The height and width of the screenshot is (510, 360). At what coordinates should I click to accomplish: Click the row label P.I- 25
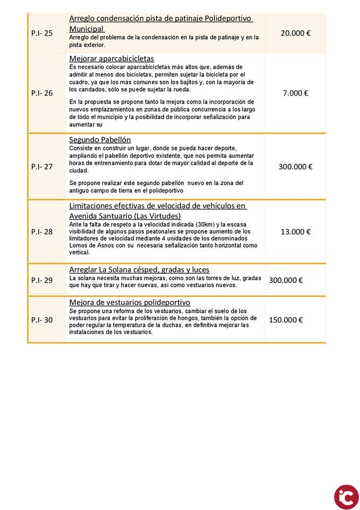click(x=42, y=33)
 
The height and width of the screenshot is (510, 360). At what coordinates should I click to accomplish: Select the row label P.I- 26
click(x=42, y=93)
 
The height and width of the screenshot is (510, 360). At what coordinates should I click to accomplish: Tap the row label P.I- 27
click(x=42, y=166)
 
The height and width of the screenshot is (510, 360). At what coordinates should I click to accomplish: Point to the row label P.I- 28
click(x=42, y=232)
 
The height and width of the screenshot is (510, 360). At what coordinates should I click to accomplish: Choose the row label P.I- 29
click(x=42, y=280)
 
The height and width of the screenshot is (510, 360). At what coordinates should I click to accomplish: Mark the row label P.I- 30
click(x=42, y=320)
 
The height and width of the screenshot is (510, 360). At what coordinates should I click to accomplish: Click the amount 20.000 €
click(x=295, y=33)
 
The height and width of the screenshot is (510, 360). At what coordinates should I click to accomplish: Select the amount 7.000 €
click(x=295, y=93)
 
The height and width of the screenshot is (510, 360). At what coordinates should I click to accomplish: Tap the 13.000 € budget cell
click(x=295, y=232)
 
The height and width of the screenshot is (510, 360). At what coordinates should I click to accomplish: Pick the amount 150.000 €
click(x=286, y=320)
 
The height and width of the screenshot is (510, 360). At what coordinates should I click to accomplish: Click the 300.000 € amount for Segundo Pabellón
click(x=295, y=166)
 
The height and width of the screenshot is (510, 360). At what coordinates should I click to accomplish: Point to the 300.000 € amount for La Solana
click(x=286, y=280)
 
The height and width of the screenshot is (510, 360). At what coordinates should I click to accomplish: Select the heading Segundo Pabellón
click(x=100, y=140)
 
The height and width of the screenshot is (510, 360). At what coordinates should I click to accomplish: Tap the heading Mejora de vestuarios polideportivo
click(x=130, y=302)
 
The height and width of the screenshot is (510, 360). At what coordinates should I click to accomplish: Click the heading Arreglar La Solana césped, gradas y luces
click(x=139, y=269)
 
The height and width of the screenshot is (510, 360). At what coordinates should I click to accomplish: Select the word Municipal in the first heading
click(x=87, y=29)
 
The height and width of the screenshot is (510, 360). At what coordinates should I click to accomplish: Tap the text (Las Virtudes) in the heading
click(x=157, y=216)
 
